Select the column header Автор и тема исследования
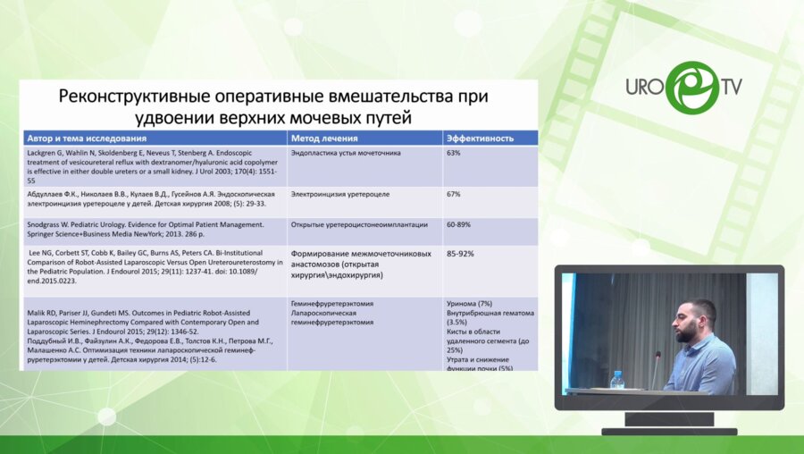pyautogui.click(x=87, y=139)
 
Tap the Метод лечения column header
pyautogui.click(x=324, y=139)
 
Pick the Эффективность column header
pyautogui.click(x=480, y=139)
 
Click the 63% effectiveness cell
pyautogui.click(x=453, y=153)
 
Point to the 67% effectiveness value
pyautogui.click(x=453, y=194)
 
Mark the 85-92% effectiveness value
pyautogui.click(x=460, y=254)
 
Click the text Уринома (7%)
pyautogui.click(x=468, y=305)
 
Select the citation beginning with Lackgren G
pyautogui.click(x=152, y=161)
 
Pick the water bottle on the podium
pyautogui.click(x=615, y=380)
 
